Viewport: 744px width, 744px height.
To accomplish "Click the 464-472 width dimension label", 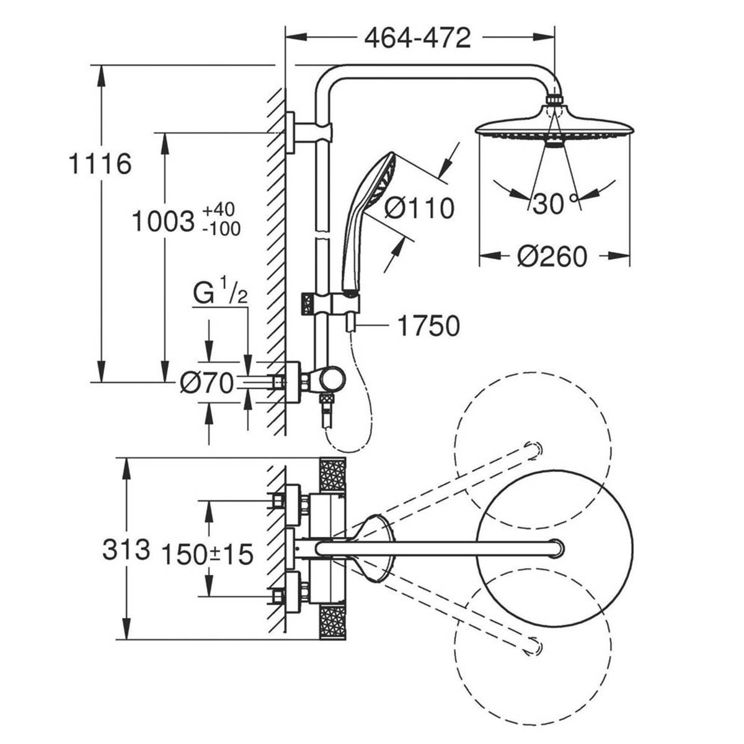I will point(417,38).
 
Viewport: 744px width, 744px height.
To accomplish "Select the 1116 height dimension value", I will point(100,164).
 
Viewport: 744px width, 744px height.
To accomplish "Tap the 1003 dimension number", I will point(163,221).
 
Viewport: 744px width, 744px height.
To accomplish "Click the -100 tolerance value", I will point(221,229).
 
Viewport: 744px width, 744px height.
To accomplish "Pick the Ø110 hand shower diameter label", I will point(419,208).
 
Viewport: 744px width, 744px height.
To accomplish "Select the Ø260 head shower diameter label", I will point(552,256).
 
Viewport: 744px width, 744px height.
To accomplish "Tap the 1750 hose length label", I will point(428,326).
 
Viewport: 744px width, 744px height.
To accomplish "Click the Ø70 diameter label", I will point(206,383).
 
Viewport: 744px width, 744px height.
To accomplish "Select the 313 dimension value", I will point(126,549).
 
